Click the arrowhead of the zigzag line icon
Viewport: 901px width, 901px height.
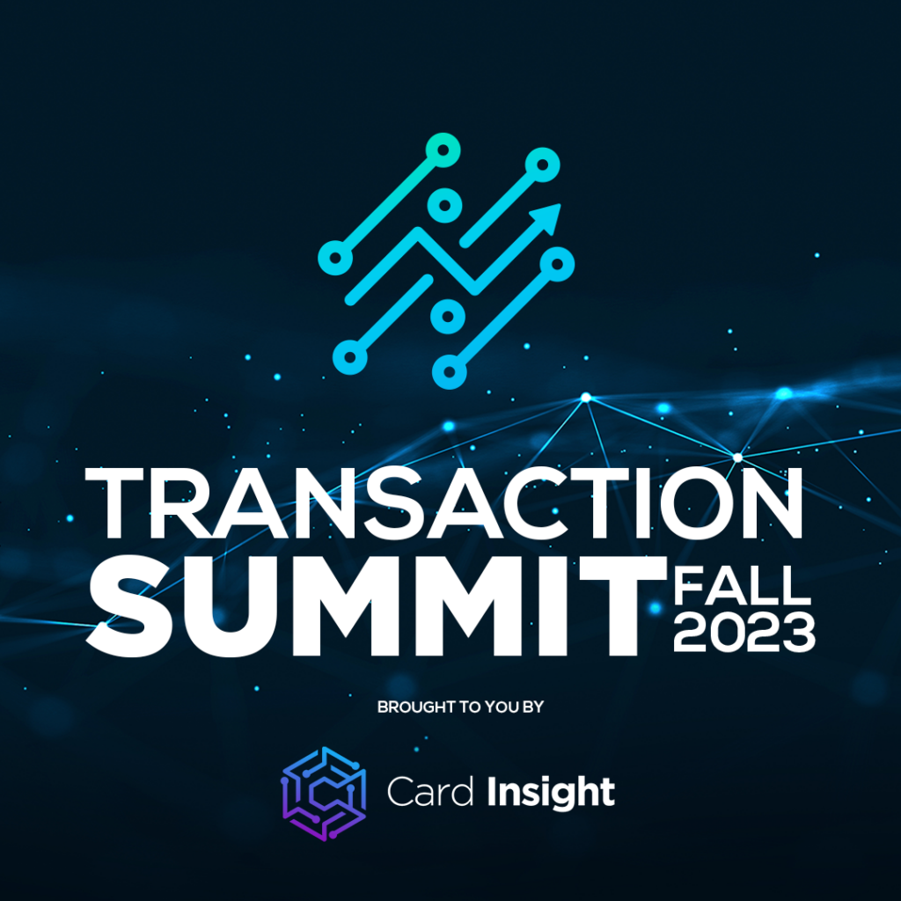(548, 217)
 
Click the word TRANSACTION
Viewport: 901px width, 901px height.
(443, 504)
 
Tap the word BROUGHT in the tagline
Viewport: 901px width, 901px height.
(413, 707)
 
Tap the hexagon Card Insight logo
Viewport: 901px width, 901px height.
(323, 793)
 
